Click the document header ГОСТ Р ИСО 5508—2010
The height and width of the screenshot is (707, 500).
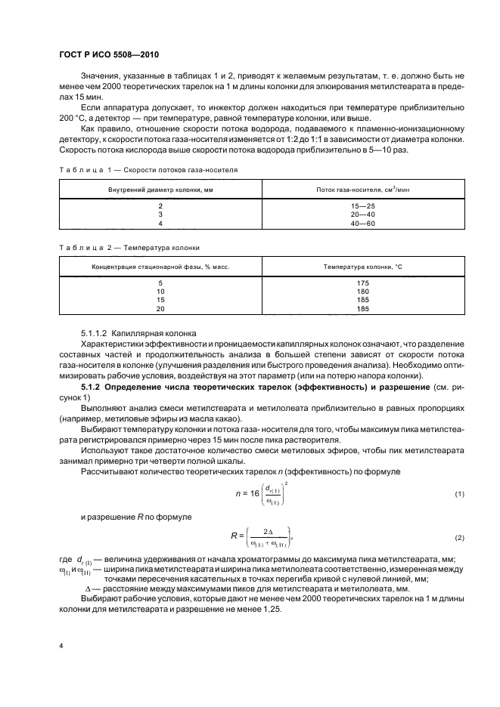tap(109, 54)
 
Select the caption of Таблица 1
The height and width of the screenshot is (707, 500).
tap(148, 171)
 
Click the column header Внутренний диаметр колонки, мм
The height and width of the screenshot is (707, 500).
tap(160, 188)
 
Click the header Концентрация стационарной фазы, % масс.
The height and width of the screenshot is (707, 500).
tap(160, 266)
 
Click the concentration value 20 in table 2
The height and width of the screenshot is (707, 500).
tap(160, 309)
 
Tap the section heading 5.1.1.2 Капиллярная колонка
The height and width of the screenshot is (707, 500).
tap(138, 332)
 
